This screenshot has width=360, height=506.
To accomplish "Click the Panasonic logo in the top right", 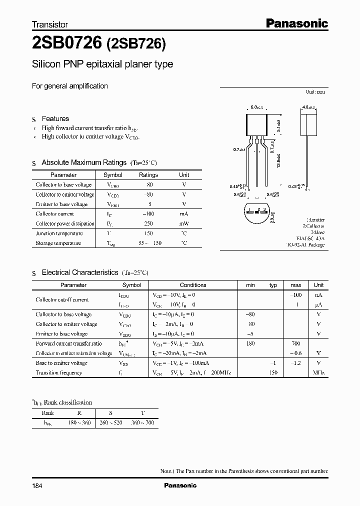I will click(296, 23).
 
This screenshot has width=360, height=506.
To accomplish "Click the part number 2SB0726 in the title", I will click(66, 44).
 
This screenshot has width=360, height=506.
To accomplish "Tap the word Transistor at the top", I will click(50, 24).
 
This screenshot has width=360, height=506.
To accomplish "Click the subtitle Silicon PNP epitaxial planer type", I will click(102, 64).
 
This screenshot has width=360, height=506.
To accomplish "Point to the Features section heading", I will click(55, 118).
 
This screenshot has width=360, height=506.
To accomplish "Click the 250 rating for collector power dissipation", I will click(148, 223).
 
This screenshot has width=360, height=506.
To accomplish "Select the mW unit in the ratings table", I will click(184, 223).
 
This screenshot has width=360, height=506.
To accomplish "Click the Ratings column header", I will click(148, 175).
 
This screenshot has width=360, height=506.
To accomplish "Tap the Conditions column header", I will click(193, 285).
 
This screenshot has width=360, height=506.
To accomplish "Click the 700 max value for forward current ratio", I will click(295, 343).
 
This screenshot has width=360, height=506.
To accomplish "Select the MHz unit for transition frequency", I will click(318, 372).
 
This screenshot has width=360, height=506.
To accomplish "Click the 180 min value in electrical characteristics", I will click(250, 343).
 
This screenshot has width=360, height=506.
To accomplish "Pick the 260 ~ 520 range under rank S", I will click(110, 423).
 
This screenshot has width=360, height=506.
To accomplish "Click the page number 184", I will click(37, 485).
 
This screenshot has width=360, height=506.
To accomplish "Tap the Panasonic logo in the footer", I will click(180, 485).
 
